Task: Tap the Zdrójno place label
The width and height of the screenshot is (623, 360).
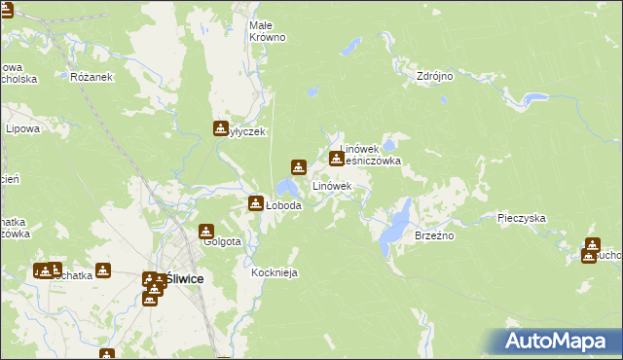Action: (x=435, y=75)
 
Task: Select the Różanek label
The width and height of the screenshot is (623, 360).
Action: (x=92, y=76)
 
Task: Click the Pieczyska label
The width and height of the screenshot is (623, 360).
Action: (x=520, y=219)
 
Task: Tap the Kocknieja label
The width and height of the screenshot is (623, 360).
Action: (x=274, y=273)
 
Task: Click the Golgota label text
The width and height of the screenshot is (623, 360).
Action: (x=222, y=242)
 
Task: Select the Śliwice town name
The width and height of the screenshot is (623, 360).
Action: (x=184, y=278)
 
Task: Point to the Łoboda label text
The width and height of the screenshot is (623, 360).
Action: (x=283, y=206)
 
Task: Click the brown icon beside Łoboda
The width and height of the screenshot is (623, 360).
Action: (x=255, y=203)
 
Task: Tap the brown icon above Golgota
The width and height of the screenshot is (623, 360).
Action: (x=206, y=231)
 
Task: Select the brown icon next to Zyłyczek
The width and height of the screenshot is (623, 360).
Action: (x=221, y=126)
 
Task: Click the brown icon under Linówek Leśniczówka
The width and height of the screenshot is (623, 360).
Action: (x=337, y=159)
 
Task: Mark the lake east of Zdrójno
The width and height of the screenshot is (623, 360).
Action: (x=532, y=98)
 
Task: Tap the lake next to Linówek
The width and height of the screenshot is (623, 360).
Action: (x=287, y=187)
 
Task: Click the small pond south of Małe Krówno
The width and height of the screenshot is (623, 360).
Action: (x=312, y=93)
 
